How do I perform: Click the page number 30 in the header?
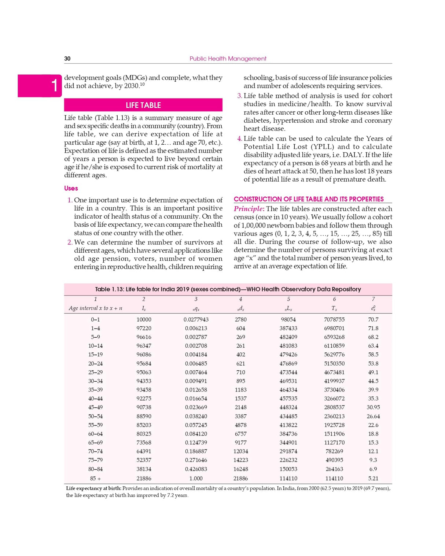pyautogui.click(x=67, y=59)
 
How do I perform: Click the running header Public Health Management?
pyautogui.click(x=228, y=59)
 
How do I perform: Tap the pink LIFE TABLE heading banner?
pyautogui.click(x=143, y=105)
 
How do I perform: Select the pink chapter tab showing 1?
pyautogui.click(x=40, y=86)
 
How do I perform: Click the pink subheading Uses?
pyautogui.click(x=71, y=188)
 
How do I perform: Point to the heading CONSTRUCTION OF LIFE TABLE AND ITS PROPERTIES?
pyautogui.click(x=309, y=199)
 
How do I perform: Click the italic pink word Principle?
pyautogui.click(x=249, y=209)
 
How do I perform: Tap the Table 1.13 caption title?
pyautogui.click(x=228, y=289)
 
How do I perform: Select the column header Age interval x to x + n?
pyautogui.click(x=95, y=308)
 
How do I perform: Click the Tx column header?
pyautogui.click(x=334, y=308)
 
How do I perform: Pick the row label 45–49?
pyautogui.click(x=95, y=407)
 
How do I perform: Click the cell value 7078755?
pyautogui.click(x=334, y=319)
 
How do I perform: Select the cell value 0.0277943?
pyautogui.click(x=196, y=319)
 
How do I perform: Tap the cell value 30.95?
pyautogui.click(x=373, y=407)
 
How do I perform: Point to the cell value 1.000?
pyautogui.click(x=196, y=478)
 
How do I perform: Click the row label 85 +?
pyautogui.click(x=95, y=478)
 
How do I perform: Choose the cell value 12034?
pyautogui.click(x=240, y=451)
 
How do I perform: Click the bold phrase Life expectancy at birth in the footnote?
pyautogui.click(x=93, y=488)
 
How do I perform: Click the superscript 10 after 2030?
pyautogui.click(x=142, y=84)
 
